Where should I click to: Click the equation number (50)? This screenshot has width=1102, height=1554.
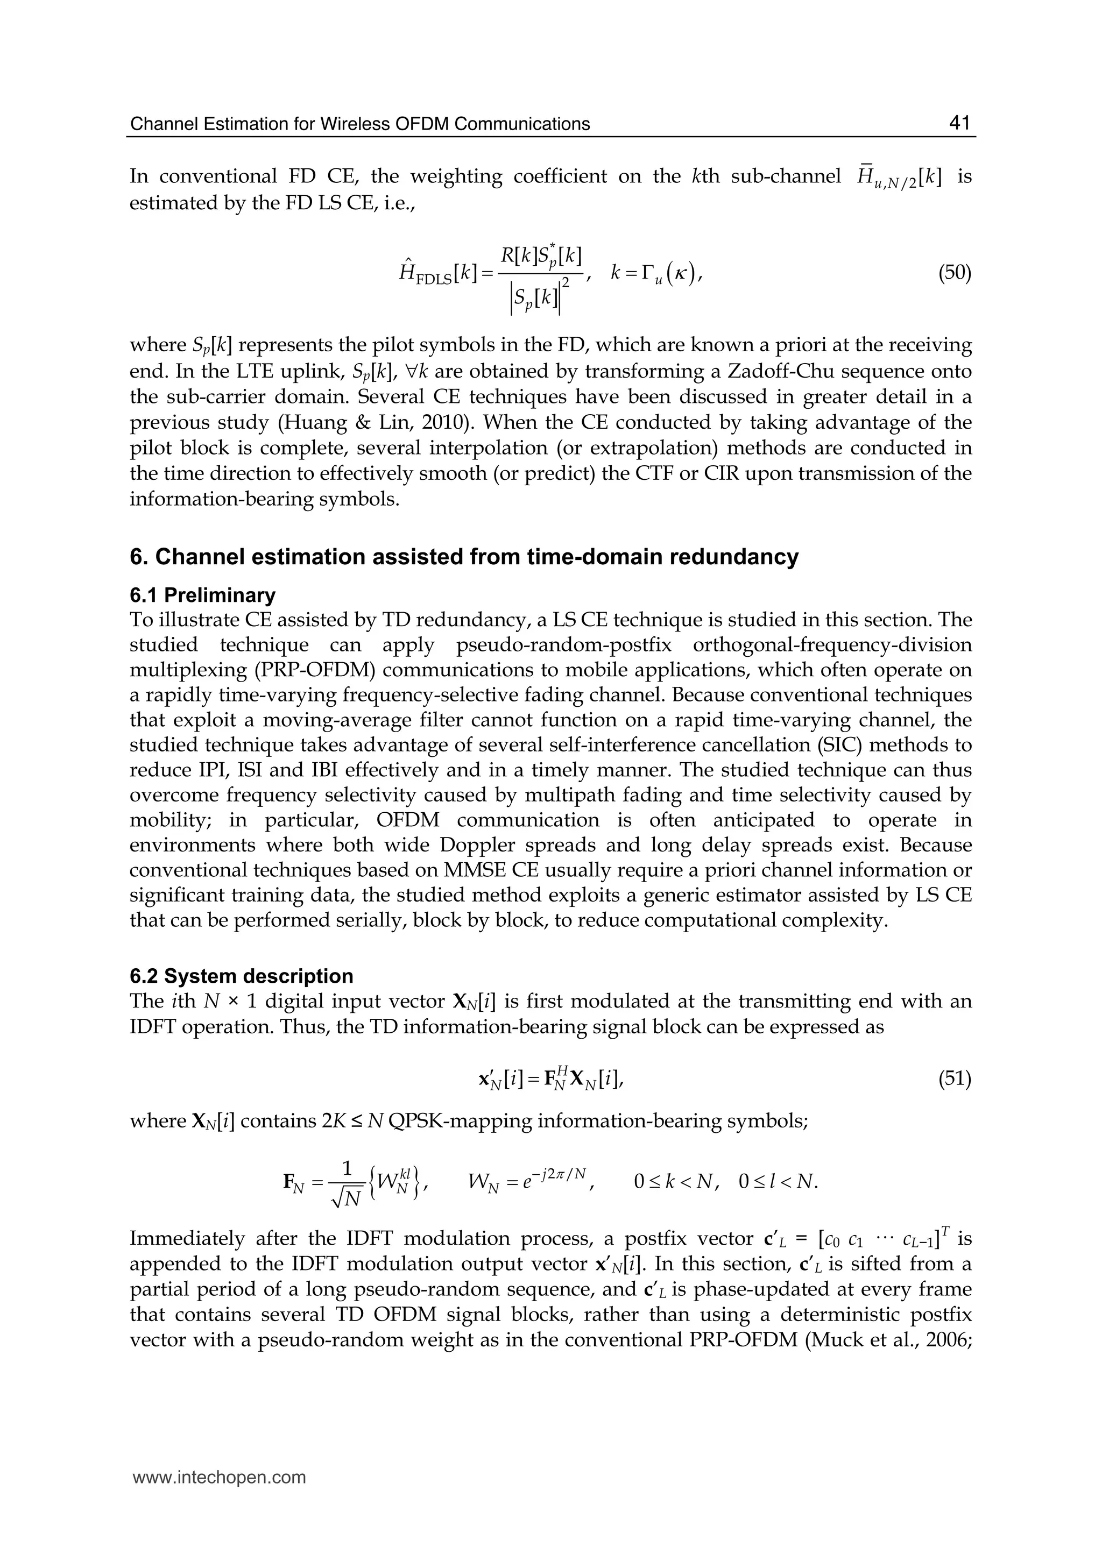pyautogui.click(x=954, y=273)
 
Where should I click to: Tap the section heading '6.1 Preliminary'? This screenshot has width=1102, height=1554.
pyautogui.click(x=202, y=595)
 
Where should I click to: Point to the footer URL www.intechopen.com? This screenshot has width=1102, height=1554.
pyautogui.click(x=218, y=1478)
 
